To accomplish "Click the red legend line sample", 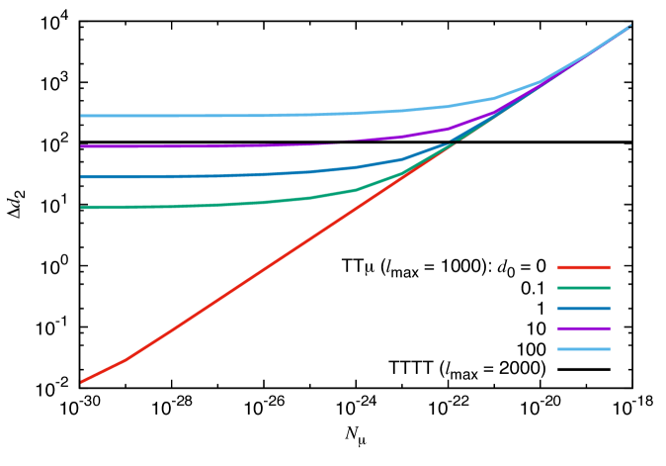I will click(x=584, y=267).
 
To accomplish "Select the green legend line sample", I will click(x=584, y=288).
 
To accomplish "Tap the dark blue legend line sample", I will click(x=584, y=309).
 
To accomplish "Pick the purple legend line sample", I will click(x=584, y=328).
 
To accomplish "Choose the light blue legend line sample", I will click(x=584, y=349).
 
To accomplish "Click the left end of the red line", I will click(x=82, y=381).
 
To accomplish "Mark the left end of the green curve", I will click(x=82, y=208).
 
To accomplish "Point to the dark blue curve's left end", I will click(x=82, y=177).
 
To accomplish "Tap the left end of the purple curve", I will click(x=82, y=146).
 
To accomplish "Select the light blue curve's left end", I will click(x=82, y=116).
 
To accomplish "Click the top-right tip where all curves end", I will click(x=629, y=27).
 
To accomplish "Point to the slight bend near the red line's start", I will click(x=123, y=361).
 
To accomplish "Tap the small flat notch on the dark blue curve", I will click(x=448, y=144).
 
